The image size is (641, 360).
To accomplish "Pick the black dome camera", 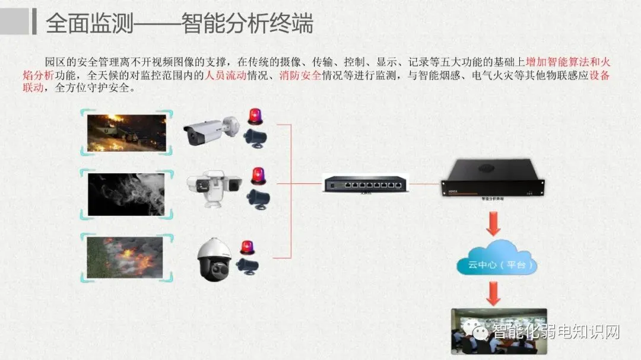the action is pyautogui.click(x=214, y=260).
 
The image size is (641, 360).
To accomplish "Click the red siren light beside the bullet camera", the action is pyautogui.click(x=255, y=116).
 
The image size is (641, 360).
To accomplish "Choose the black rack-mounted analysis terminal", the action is pyautogui.click(x=493, y=179).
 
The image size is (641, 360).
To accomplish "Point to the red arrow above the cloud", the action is pyautogui.click(x=493, y=224).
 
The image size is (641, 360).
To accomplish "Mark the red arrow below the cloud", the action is pyautogui.click(x=493, y=293).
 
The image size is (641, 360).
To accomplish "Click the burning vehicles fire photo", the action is pyautogui.click(x=127, y=132).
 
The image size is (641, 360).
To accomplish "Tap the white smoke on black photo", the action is pyautogui.click(x=127, y=194).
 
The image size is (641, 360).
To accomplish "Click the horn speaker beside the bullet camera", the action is pyautogui.click(x=256, y=136).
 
